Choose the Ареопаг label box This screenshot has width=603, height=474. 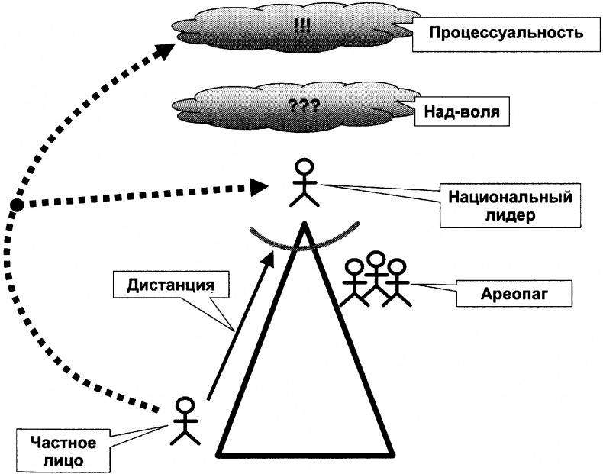(495, 293)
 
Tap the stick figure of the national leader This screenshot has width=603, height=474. (305, 183)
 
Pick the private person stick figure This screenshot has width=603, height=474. (185, 421)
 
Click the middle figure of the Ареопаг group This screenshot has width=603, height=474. (375, 279)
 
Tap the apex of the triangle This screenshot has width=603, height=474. (304, 224)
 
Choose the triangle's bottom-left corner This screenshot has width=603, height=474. (220, 454)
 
